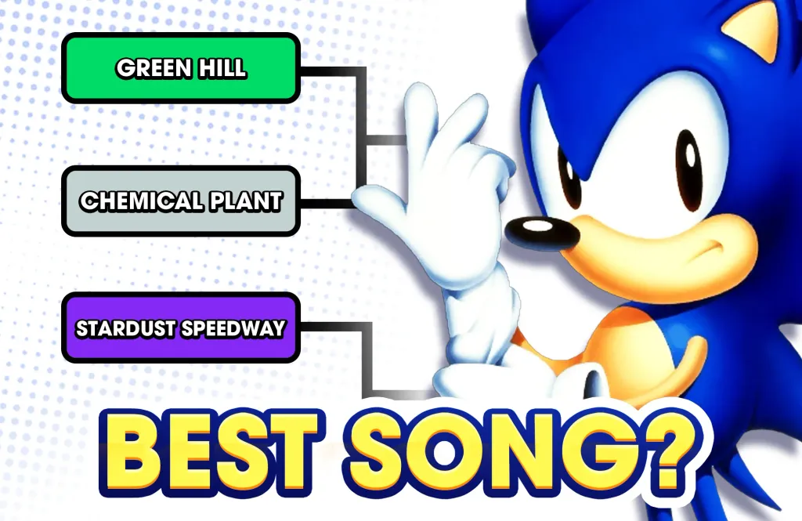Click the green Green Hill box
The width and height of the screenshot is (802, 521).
point(180,68)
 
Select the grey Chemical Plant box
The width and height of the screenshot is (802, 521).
point(180,201)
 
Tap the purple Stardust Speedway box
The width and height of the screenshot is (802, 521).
point(180,327)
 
